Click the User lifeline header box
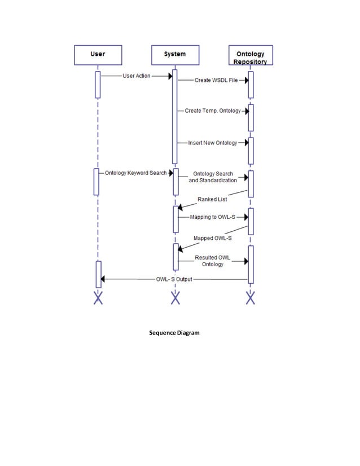click(x=98, y=55)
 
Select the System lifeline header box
click(x=174, y=55)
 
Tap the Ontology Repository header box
click(x=250, y=55)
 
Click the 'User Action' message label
click(x=136, y=76)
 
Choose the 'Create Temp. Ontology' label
click(x=213, y=111)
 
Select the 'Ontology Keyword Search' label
click(x=135, y=173)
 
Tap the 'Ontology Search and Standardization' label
click(x=213, y=177)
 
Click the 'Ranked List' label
click(x=212, y=199)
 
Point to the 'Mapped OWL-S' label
click(x=213, y=238)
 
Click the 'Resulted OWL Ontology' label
click(x=213, y=261)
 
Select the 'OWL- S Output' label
click(x=174, y=279)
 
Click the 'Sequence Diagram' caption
click(x=174, y=333)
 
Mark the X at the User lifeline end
click(x=98, y=298)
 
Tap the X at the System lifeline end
click(x=175, y=298)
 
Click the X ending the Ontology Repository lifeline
click(x=251, y=298)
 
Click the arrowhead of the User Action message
click(x=169, y=76)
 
